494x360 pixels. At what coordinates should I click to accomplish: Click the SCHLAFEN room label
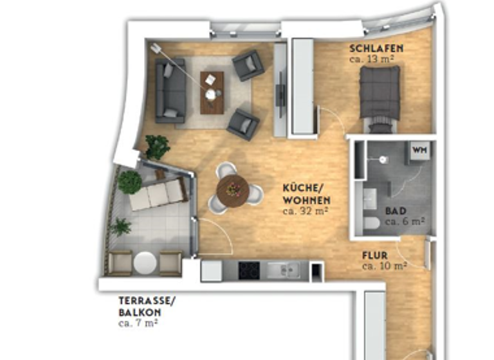click(x=376, y=48)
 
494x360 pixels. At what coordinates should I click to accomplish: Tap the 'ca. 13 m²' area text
click(x=372, y=59)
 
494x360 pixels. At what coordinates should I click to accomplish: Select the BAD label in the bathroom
click(x=395, y=211)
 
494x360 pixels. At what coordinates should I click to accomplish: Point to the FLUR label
click(x=375, y=255)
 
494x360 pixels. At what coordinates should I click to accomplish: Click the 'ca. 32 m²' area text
click(x=306, y=210)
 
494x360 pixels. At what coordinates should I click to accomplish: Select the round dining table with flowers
click(x=232, y=190)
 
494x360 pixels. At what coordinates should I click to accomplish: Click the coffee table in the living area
click(x=212, y=92)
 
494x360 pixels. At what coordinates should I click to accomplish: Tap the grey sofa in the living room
click(x=170, y=90)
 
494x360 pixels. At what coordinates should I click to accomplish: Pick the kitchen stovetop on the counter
click(x=249, y=270)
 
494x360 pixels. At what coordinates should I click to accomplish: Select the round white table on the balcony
click(x=145, y=263)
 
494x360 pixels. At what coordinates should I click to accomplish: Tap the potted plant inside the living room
click(x=156, y=147)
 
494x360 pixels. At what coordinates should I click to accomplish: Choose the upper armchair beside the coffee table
click(x=248, y=65)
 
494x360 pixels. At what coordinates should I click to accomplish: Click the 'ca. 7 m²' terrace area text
click(x=138, y=323)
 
